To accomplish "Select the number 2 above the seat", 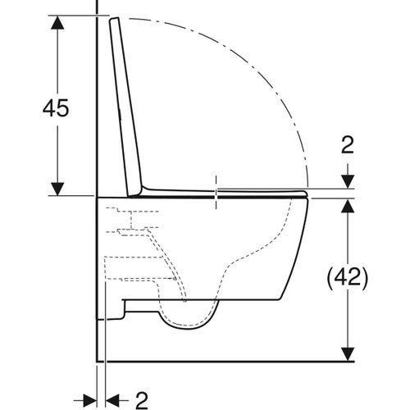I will coord(348,146).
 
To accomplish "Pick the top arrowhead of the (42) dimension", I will coord(348,206).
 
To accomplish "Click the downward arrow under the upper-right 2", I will coord(348,179).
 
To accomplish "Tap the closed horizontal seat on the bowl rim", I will coord(246,194).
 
